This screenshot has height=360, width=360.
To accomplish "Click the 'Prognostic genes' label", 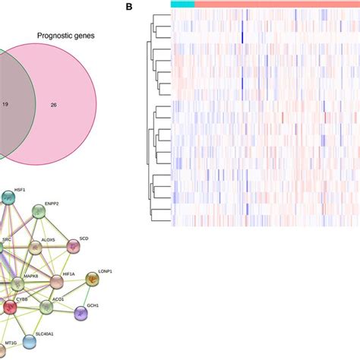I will [x=65, y=36].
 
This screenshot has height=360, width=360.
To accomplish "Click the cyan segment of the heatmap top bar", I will [x=182, y=5].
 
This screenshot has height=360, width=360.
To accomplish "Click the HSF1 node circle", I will [x=8, y=198].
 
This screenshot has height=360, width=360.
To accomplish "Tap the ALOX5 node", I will [x=34, y=248].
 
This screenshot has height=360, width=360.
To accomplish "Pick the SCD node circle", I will [x=73, y=246].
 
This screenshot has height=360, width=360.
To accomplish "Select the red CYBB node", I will [x=10, y=308].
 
